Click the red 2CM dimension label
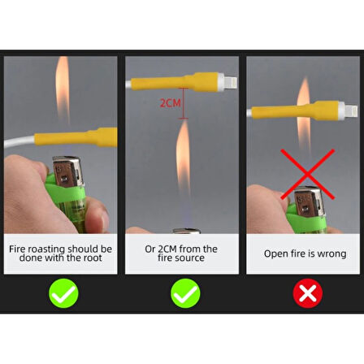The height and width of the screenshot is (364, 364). pos(170,103)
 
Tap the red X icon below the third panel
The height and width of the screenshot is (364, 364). pos(308,293)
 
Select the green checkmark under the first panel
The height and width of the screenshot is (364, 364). pos(63,293)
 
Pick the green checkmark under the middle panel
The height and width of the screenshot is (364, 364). pos(185,293)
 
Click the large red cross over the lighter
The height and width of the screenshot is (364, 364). pos(307,174)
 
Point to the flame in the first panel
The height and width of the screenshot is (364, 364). pos(63,89)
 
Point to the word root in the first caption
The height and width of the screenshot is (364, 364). pos(93,258)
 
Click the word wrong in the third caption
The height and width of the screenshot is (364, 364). pos(331,254)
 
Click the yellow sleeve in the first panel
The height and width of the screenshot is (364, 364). pos(76,137)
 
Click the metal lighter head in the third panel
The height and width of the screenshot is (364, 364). pos(310,201)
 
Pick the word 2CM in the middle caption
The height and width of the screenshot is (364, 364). pos(167,249)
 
